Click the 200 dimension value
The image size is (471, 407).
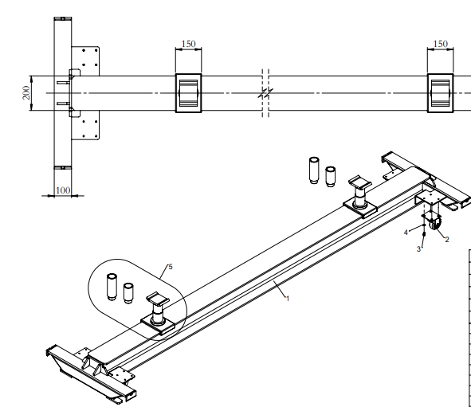(x=26, y=92)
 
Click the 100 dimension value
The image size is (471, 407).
(x=63, y=190)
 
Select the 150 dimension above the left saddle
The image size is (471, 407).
(x=189, y=44)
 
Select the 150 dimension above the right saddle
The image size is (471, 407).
(x=441, y=44)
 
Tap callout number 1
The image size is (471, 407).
(x=288, y=299)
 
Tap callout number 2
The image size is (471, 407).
(x=447, y=240)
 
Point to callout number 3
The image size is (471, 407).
(x=418, y=249)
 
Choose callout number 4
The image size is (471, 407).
(x=406, y=233)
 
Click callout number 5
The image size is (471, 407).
(x=171, y=267)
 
